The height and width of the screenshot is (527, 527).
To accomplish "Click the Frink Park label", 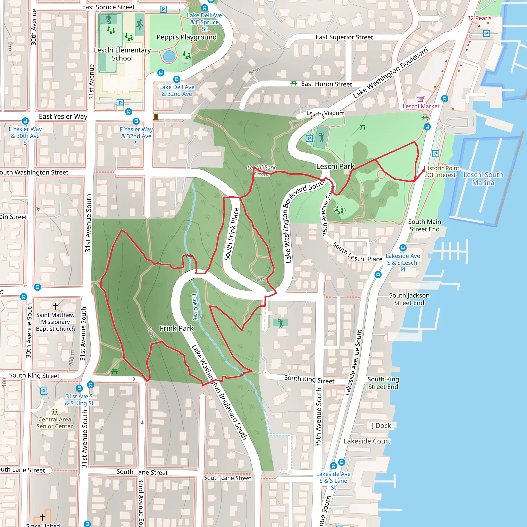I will [177, 328].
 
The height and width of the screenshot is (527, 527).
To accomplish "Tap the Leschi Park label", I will [335, 166].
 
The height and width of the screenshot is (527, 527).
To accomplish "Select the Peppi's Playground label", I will [187, 37].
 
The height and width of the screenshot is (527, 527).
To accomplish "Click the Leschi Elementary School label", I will [122, 54].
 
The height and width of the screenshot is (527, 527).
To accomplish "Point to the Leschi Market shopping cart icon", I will [421, 99].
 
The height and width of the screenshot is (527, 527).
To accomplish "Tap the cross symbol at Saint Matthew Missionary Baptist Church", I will [55, 306].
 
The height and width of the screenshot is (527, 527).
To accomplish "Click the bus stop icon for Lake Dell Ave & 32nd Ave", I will [177, 79].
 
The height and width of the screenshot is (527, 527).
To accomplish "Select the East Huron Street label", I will [326, 84].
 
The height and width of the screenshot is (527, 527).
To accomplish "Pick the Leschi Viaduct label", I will [325, 113].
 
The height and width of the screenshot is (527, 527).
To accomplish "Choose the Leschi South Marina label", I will [483, 178].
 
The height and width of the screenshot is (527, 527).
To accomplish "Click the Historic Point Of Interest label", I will [441, 172].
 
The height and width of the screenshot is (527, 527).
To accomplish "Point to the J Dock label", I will [381, 426].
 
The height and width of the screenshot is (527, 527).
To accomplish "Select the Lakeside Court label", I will [367, 441].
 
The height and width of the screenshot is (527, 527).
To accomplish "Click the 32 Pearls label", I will [479, 18].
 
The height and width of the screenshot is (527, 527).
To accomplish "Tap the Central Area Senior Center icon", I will [55, 412].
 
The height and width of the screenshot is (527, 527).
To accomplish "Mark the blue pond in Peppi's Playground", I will [169, 56].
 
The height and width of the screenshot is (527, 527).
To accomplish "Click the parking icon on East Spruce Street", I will [163, 10].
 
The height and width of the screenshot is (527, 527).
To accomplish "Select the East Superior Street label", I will [344, 37].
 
